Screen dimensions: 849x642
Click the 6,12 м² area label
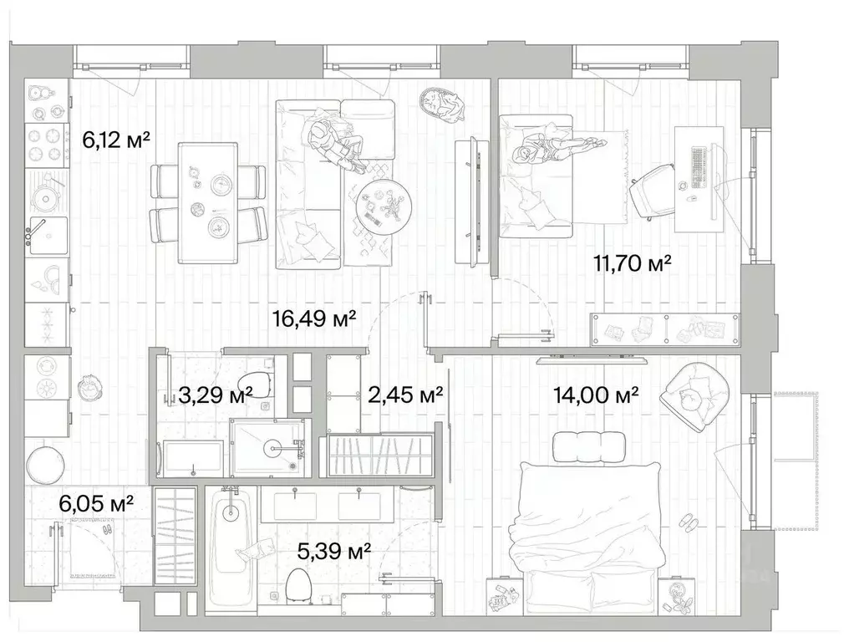(x=116, y=140)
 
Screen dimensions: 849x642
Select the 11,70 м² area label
(x=633, y=264)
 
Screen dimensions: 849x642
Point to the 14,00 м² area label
(x=596, y=395)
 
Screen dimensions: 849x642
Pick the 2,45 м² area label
(x=405, y=395)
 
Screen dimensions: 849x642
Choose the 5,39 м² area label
(x=334, y=552)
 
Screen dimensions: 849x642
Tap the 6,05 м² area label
(x=96, y=504)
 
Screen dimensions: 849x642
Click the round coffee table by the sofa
(x=384, y=206)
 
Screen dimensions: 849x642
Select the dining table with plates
(x=208, y=203)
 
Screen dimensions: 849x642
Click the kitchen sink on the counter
(x=48, y=235)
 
